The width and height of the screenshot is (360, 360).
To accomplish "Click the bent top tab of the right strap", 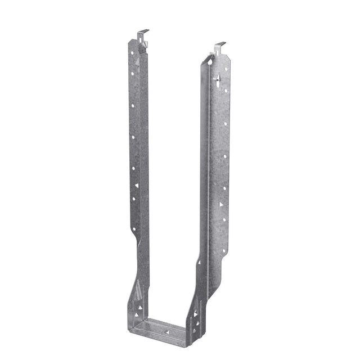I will (219, 46).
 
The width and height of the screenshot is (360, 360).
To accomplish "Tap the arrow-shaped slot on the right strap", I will (217, 79).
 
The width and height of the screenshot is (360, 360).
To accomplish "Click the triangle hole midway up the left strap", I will (136, 185).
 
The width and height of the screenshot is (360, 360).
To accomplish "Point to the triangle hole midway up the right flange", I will (222, 204).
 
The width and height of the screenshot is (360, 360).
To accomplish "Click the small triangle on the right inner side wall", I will (195, 313).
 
